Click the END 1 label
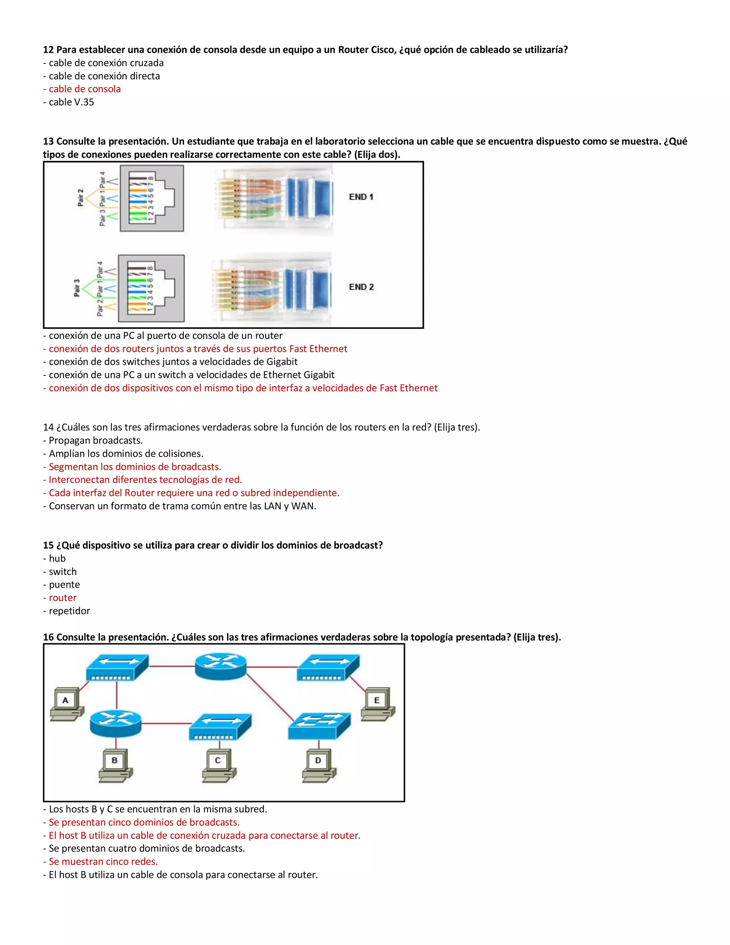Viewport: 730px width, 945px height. [x=361, y=197]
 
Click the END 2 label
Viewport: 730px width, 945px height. [x=361, y=287]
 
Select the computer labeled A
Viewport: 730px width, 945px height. [x=67, y=704]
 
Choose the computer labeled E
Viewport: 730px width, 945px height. [x=377, y=704]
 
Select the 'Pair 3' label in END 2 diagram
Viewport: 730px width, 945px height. [x=77, y=288]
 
